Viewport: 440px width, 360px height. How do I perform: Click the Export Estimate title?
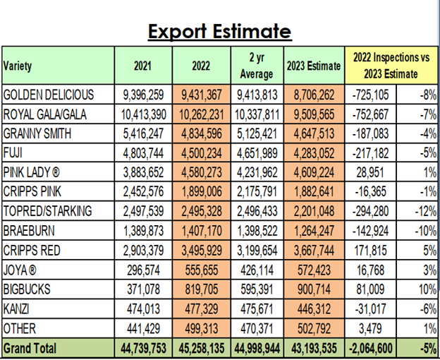click(219, 31)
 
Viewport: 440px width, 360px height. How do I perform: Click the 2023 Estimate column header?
click(313, 66)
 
